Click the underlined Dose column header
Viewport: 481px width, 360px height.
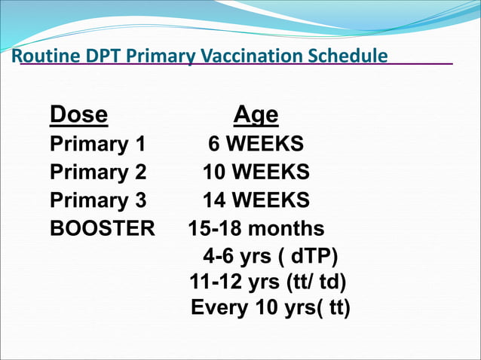click(x=78, y=115)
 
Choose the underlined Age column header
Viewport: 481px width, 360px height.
click(x=256, y=115)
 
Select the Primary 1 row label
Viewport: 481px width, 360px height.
click(x=98, y=145)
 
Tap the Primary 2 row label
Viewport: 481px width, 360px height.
click(x=98, y=172)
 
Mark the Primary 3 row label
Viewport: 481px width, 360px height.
click(x=98, y=200)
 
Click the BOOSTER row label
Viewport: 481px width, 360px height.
click(x=102, y=228)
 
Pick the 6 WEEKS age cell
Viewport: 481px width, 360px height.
click(x=256, y=145)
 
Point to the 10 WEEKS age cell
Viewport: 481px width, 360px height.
click(x=256, y=172)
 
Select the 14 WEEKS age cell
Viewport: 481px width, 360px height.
click(x=256, y=200)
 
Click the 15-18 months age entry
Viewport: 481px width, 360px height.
click(x=256, y=228)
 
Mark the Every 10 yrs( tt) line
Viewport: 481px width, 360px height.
click(x=271, y=309)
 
